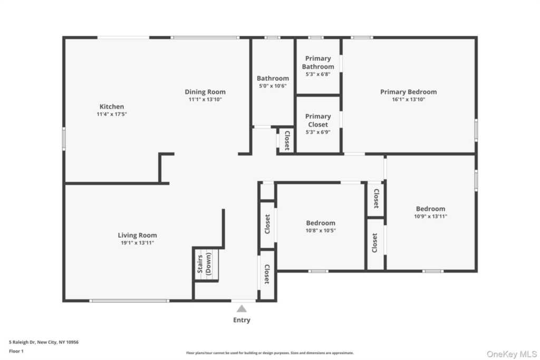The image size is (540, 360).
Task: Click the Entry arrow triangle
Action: tap(242, 309)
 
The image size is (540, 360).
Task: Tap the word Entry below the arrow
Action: tap(242, 320)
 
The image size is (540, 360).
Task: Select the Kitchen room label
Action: tap(112, 106)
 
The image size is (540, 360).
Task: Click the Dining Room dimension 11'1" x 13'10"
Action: tap(205, 100)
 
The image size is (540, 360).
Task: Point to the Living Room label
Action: tap(138, 236)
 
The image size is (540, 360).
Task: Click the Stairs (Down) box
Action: tap(206, 264)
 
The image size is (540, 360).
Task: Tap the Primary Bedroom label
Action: tap(409, 92)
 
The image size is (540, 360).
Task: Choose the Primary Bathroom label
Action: tap(318, 63)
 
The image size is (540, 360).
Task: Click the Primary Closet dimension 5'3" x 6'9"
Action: tap(318, 132)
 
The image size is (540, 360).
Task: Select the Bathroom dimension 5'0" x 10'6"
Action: tap(273, 86)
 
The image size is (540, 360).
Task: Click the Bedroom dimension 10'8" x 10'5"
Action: tap(321, 230)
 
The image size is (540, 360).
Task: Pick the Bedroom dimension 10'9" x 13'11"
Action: tap(430, 217)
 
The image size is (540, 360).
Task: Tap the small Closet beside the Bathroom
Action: tap(286, 140)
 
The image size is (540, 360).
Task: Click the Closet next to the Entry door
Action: tap(266, 274)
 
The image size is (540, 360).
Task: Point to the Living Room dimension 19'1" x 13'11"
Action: tap(138, 243)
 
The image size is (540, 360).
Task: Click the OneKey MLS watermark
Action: tap(512, 354)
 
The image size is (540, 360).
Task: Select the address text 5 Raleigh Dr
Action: tap(22, 342)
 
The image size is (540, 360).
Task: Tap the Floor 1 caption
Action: tap(16, 352)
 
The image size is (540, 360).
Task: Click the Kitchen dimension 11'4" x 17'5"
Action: tap(112, 114)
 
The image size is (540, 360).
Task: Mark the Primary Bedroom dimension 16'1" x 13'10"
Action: tap(409, 100)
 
